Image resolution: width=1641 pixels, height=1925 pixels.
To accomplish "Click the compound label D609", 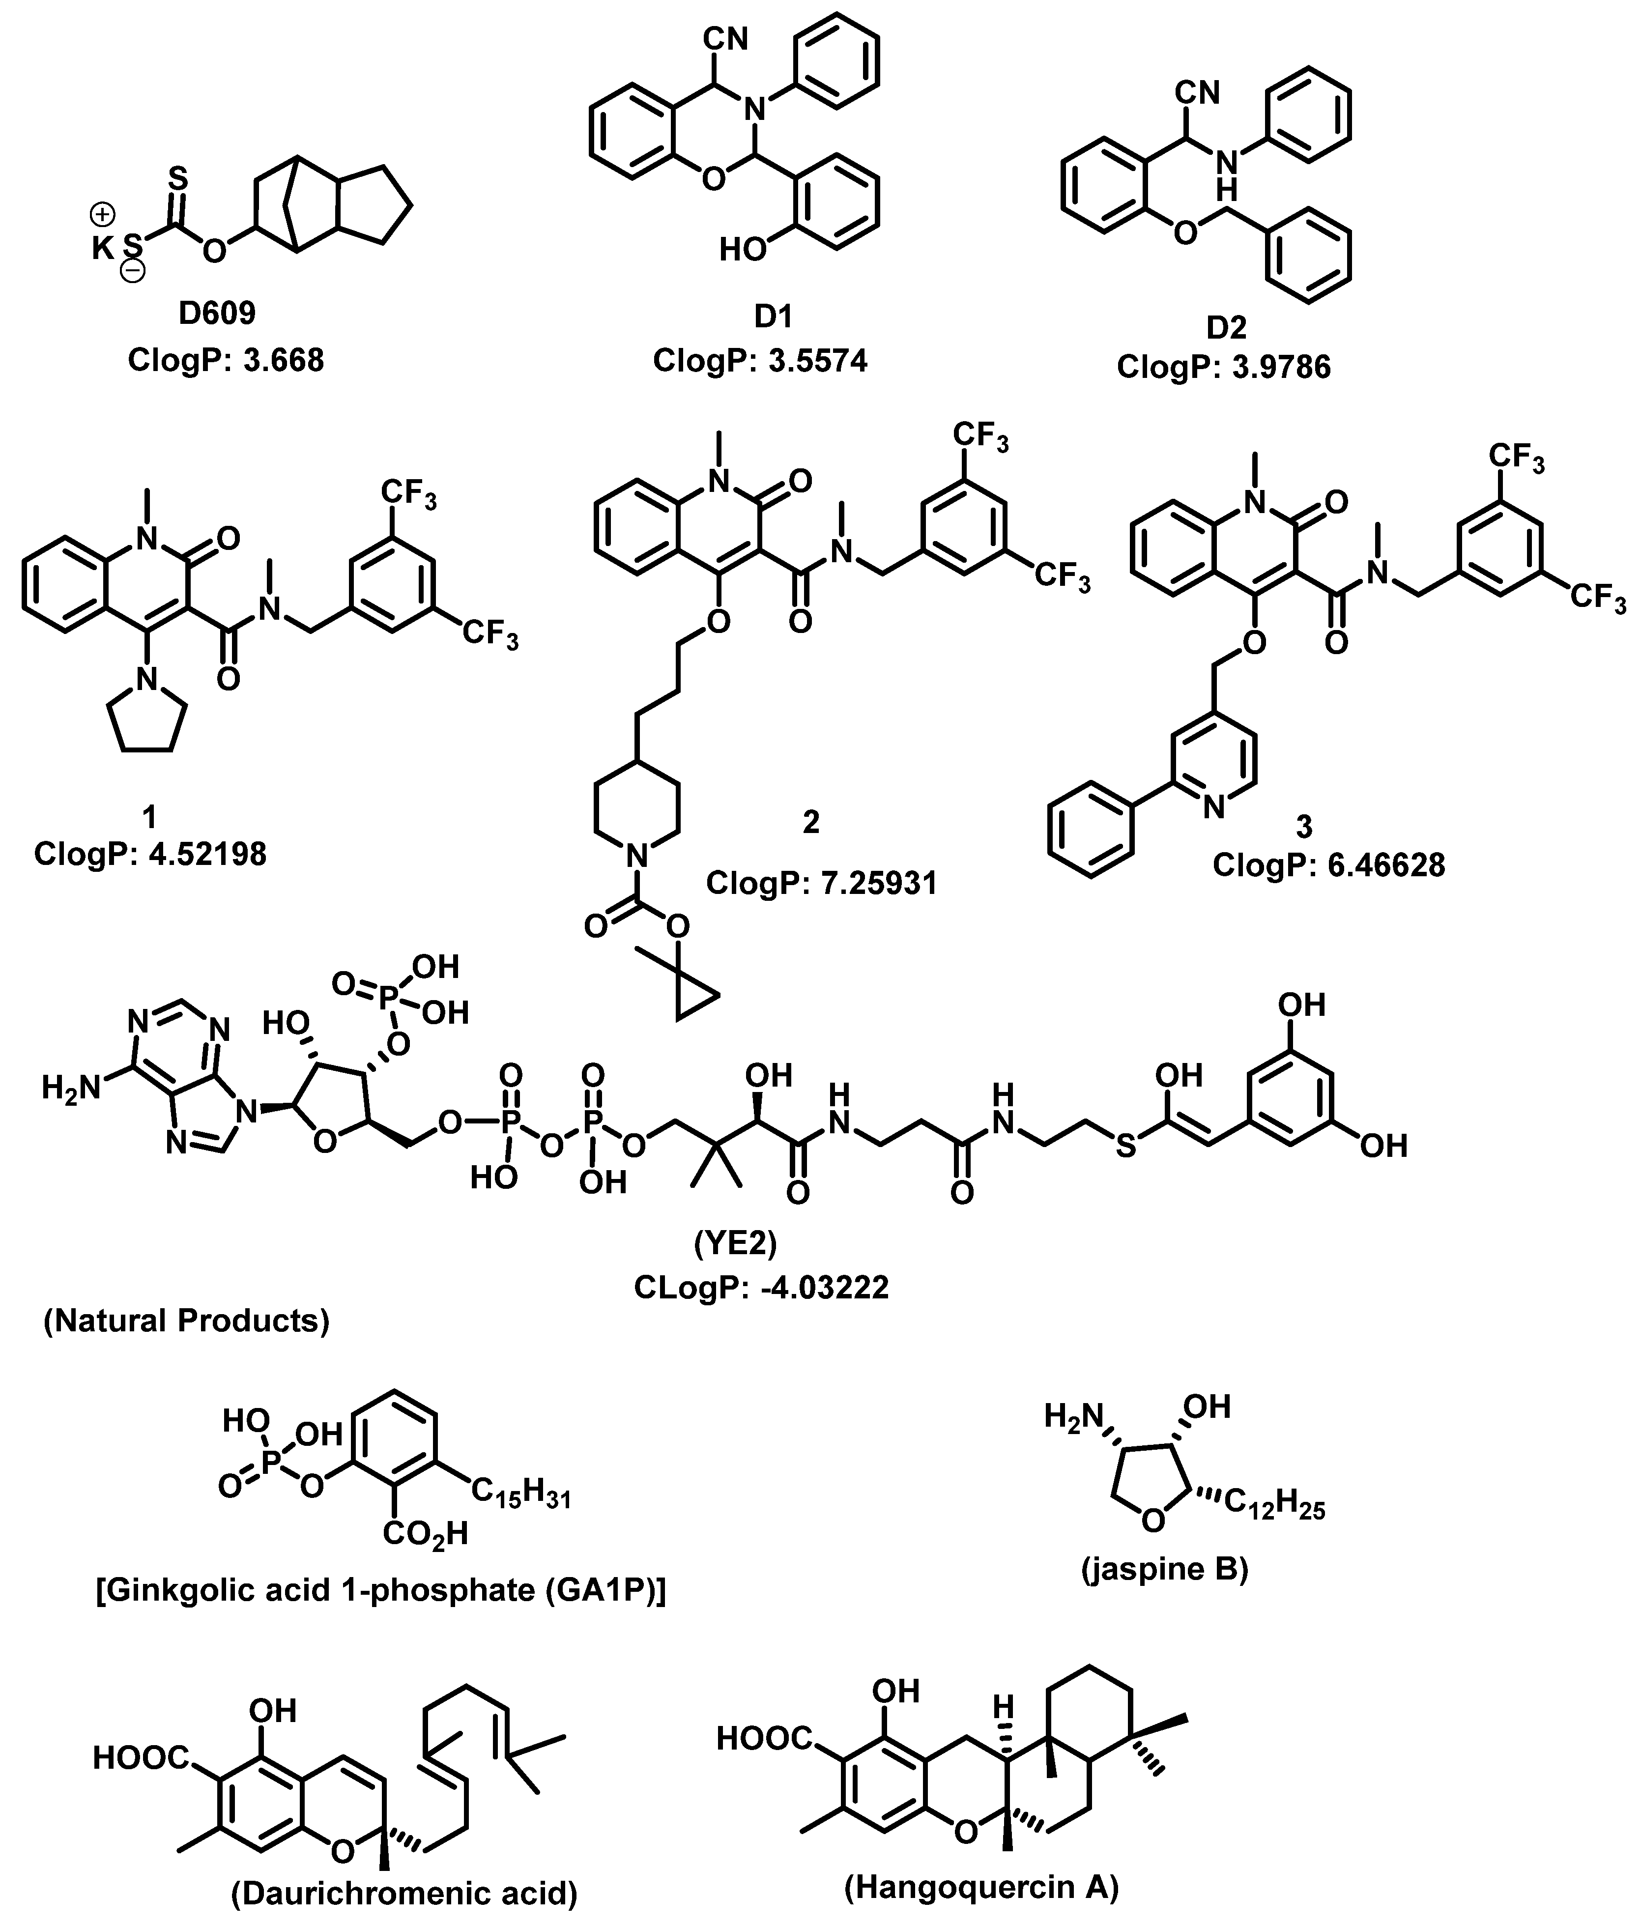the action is [x=217, y=313].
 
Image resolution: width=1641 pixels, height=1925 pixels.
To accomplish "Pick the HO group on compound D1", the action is [x=744, y=249].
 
